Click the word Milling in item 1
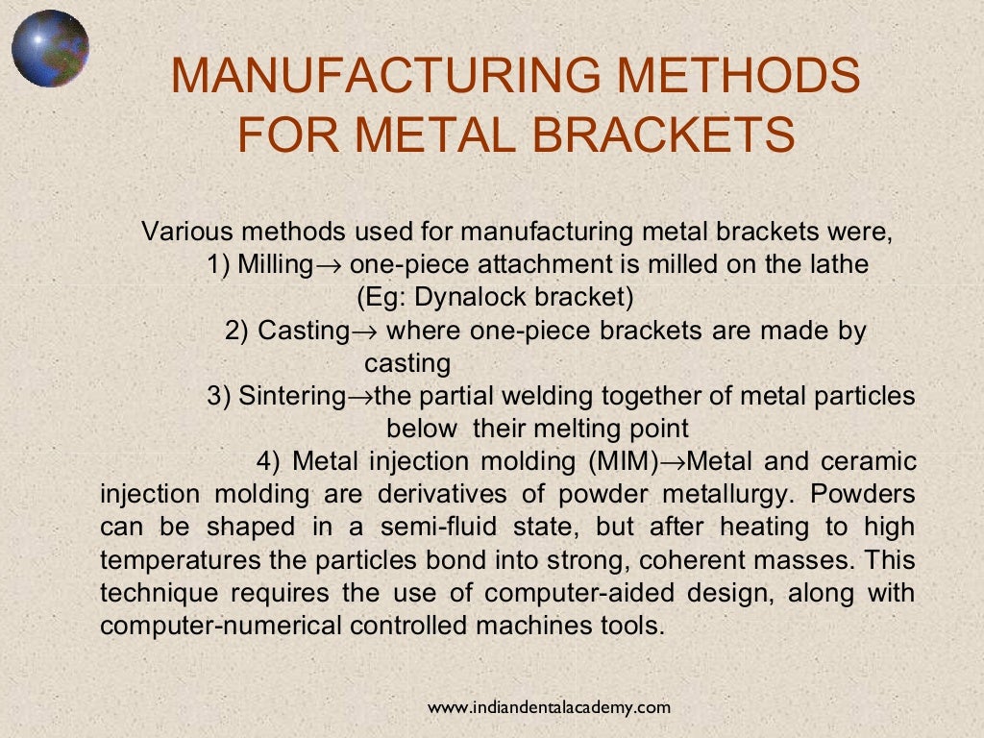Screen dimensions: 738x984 pos(275,264)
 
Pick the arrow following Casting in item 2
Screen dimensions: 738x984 pos(362,332)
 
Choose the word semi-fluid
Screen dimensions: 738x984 pos(432,527)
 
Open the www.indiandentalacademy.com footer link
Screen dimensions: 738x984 pos(548,707)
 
